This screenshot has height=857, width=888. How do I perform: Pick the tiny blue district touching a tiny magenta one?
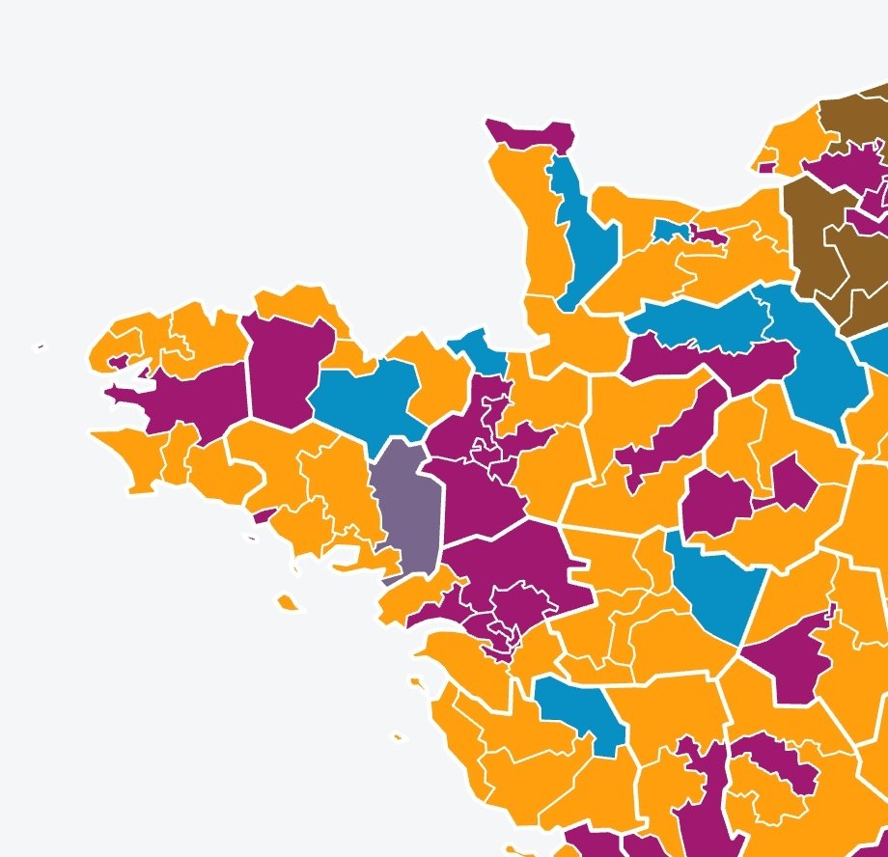pos(668,231)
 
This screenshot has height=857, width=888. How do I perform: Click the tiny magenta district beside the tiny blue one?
pos(708,236)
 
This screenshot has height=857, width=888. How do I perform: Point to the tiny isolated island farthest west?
pos(40,346)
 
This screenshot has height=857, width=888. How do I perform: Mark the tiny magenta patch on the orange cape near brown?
pos(766,167)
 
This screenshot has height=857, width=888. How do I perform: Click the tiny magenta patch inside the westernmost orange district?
pos(119,362)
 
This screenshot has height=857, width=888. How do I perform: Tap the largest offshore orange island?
pos(287,602)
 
